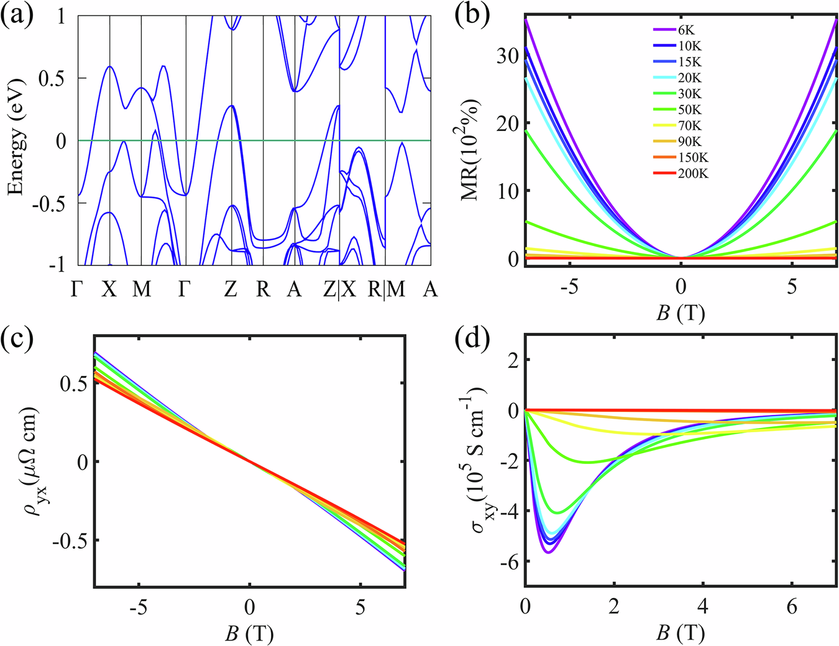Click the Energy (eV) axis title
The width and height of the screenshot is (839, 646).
(17, 137)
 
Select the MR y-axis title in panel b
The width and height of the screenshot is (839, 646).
(474, 149)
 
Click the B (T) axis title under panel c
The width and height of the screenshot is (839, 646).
(249, 634)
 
